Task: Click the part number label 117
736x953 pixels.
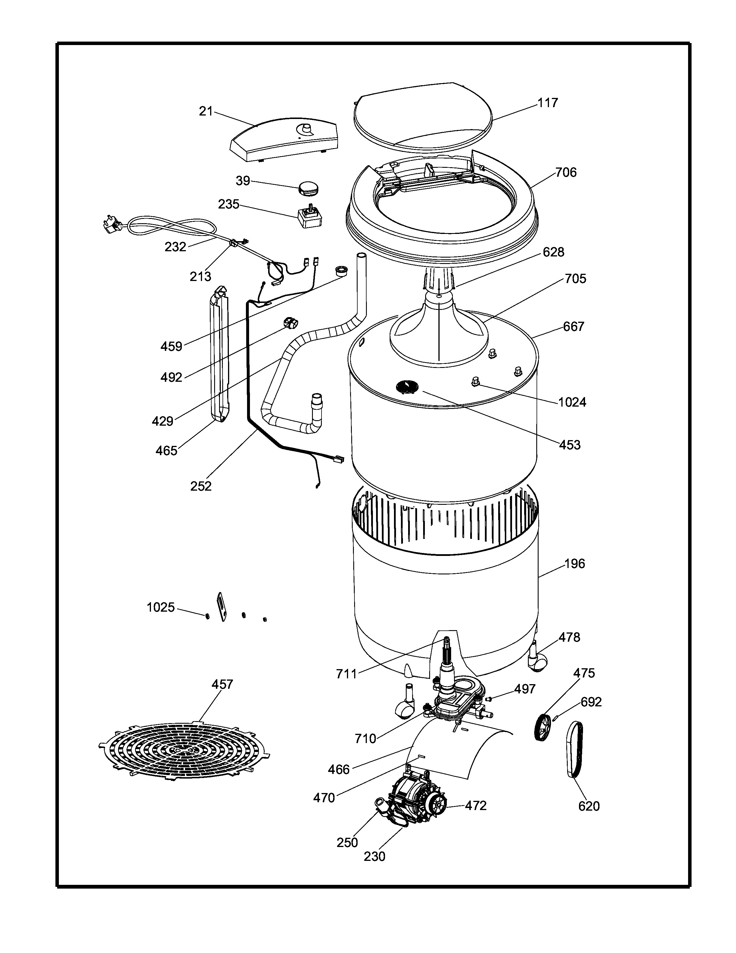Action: [548, 103]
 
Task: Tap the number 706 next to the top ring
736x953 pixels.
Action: [566, 173]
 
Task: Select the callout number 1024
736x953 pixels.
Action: [572, 402]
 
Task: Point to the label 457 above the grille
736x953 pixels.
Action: [222, 684]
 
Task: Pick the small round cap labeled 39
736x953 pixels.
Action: [308, 189]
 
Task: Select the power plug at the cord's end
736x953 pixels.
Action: [112, 224]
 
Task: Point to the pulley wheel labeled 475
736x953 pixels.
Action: [543, 727]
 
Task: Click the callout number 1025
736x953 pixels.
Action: [160, 607]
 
